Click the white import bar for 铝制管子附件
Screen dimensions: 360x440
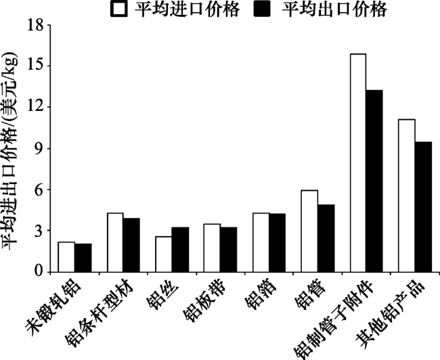(x=358, y=162)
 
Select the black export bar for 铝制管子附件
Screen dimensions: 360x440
(x=374, y=181)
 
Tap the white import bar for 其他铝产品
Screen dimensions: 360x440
(x=407, y=196)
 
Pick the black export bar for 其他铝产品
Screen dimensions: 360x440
(x=423, y=207)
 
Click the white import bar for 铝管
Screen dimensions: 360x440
(x=309, y=231)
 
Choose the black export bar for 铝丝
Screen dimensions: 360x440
(x=179, y=250)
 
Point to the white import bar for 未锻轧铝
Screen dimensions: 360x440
(x=66, y=257)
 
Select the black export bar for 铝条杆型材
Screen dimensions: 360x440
(x=131, y=245)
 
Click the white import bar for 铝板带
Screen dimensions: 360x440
(x=212, y=248)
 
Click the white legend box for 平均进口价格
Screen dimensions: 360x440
(x=120, y=9)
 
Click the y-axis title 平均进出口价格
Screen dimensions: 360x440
(x=14, y=156)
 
